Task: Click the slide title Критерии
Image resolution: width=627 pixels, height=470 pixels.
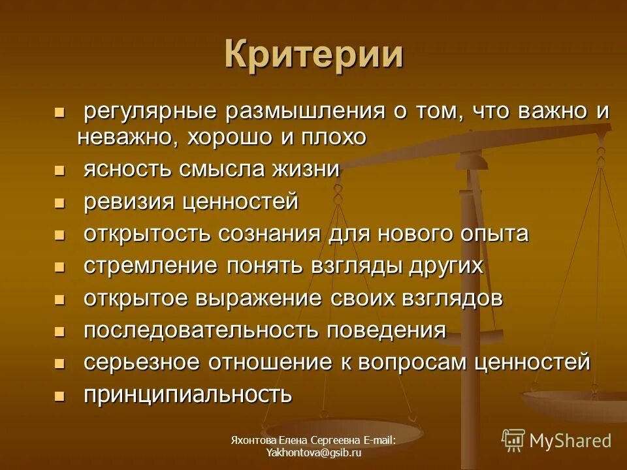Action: (313, 54)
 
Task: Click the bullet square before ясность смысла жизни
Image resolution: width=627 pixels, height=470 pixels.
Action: (60, 171)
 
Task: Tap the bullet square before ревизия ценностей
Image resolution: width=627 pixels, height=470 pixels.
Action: (60, 203)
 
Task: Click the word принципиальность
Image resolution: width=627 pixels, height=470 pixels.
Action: (187, 394)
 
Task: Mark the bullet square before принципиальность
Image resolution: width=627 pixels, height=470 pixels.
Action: (60, 396)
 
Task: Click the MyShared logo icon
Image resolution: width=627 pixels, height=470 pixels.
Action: (513, 440)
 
